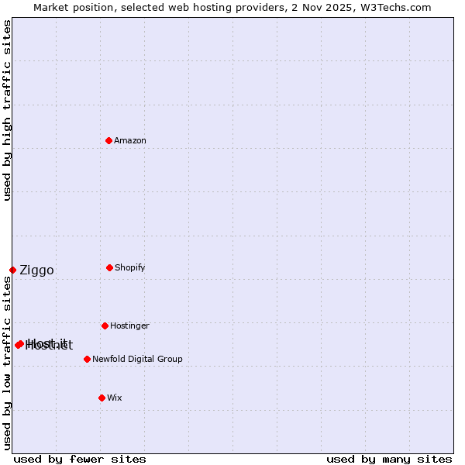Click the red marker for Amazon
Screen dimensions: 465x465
[x=109, y=140]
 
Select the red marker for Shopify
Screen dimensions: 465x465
[x=109, y=267]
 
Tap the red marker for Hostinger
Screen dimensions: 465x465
[x=105, y=325]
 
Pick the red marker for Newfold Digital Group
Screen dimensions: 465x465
[x=87, y=359]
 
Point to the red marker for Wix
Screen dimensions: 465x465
[x=102, y=398]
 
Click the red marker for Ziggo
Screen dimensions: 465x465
[x=12, y=270]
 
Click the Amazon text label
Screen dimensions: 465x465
[x=130, y=140]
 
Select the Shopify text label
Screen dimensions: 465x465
[x=130, y=267]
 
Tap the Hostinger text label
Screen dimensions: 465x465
[x=129, y=325]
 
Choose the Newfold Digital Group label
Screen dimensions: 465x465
[x=137, y=359]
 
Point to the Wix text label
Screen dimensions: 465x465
[x=115, y=398]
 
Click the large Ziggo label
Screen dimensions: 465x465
[x=36, y=270]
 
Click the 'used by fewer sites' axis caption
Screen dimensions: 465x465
[x=80, y=459]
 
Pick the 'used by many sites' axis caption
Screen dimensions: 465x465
[x=389, y=459]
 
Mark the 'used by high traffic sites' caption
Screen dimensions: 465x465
[x=7, y=110]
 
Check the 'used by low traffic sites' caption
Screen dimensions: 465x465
[x=7, y=363]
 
